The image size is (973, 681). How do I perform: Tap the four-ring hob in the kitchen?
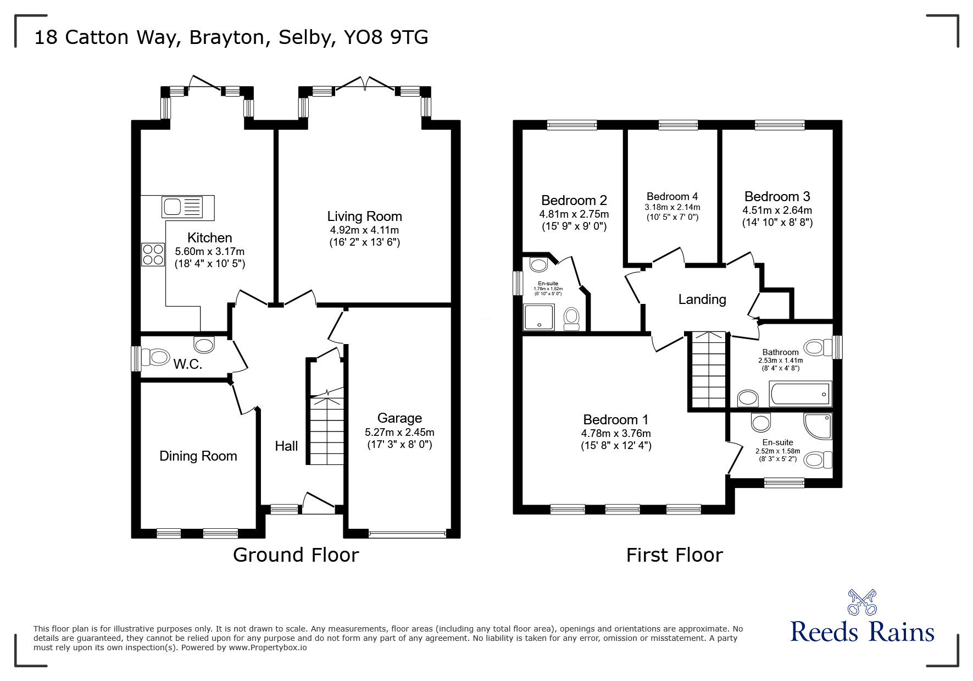click(x=153, y=254)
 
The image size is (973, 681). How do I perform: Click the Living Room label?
click(x=364, y=217)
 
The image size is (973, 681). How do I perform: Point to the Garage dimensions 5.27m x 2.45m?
click(x=399, y=432)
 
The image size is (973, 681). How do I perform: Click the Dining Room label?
click(x=198, y=456)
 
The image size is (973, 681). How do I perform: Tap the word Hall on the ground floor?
click(x=286, y=446)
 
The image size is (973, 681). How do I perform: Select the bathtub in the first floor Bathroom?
click(x=801, y=394)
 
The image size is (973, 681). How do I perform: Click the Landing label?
click(x=702, y=300)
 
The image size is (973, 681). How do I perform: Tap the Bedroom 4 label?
click(x=672, y=197)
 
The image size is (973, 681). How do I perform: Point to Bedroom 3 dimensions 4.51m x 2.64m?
click(x=777, y=211)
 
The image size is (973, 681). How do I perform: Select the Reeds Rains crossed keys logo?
click(x=862, y=602)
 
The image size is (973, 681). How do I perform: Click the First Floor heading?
click(x=674, y=555)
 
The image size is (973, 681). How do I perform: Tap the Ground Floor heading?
click(x=296, y=555)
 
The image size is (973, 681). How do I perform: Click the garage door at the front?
click(x=407, y=533)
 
